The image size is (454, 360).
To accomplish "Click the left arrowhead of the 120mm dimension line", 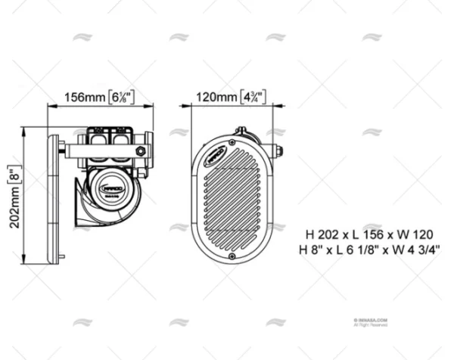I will (x=191, y=105).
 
